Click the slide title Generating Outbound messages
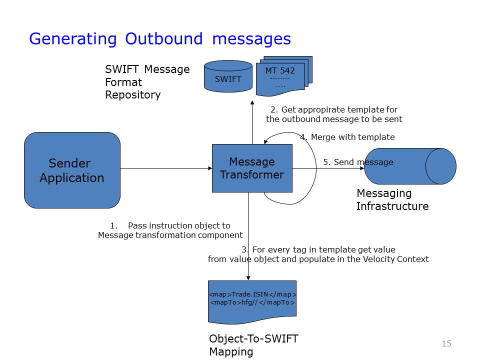coord(159,38)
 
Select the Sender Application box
coord(72,170)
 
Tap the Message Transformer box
coord(252,168)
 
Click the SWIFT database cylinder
coord(228,77)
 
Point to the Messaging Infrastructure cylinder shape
coord(410,166)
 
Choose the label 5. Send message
coord(358,162)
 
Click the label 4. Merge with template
coord(347,137)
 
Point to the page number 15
coord(446,343)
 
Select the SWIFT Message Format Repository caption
coord(147,82)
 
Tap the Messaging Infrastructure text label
coord(392,199)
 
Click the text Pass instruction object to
coord(179,225)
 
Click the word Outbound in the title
coord(164,38)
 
